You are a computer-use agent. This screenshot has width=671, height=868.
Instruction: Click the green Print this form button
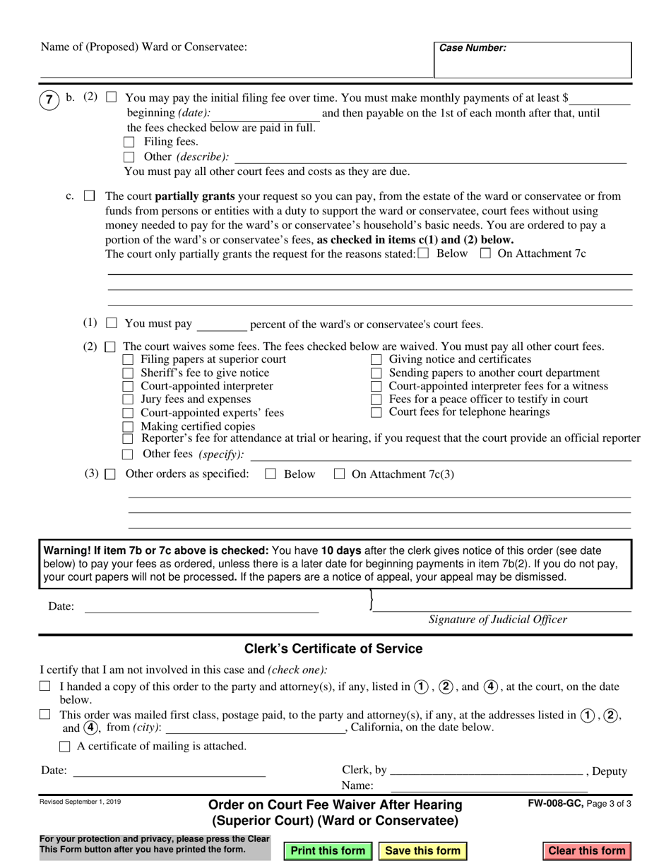point(328,850)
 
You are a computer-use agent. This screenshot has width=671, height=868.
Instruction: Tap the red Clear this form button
point(587,850)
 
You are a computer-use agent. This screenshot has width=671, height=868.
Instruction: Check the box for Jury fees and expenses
point(129,399)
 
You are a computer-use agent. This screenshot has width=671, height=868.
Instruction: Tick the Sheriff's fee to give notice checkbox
point(129,373)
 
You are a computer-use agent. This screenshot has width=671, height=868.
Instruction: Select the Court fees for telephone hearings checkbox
point(376,412)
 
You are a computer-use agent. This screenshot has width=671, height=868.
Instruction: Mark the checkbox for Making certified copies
point(129,426)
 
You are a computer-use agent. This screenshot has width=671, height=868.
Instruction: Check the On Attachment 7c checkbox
point(485,254)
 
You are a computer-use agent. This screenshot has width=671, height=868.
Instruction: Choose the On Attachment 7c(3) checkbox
point(338,475)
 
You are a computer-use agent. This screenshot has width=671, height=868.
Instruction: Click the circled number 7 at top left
point(48,100)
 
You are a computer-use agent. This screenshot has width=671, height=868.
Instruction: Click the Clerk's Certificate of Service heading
point(333,649)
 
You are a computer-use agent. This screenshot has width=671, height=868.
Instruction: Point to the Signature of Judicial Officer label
point(497,620)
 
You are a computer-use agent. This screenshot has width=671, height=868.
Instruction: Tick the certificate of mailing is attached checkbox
point(65,746)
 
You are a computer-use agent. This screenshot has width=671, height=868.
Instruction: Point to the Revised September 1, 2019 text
point(80,802)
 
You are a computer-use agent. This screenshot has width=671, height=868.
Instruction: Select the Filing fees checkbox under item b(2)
point(129,143)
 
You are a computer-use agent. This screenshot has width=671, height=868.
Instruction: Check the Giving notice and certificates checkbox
point(376,360)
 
